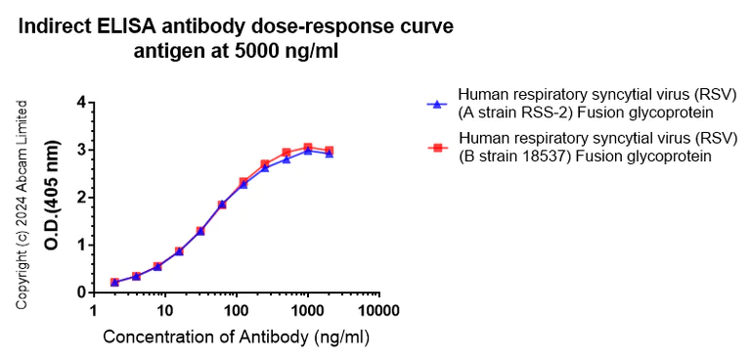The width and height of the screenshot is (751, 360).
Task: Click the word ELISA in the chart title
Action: (x=162, y=27)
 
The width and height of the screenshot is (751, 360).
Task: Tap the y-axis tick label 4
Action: (x=82, y=103)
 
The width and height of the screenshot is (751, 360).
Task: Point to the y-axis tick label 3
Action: (x=82, y=150)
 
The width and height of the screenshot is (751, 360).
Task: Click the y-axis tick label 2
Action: (x=82, y=198)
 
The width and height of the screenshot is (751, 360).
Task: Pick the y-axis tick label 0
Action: (x=82, y=292)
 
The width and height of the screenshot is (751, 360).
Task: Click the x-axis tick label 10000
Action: (x=377, y=311)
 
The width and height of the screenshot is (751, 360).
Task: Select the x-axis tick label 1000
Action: (x=307, y=311)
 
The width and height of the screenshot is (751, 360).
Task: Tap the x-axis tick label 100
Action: (x=236, y=311)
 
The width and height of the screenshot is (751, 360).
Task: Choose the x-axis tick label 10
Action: (x=164, y=311)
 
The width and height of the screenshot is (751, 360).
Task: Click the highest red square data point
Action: (x=307, y=148)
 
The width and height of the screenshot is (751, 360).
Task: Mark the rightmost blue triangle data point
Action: (x=330, y=154)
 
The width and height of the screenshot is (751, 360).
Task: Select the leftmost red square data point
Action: (x=114, y=282)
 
